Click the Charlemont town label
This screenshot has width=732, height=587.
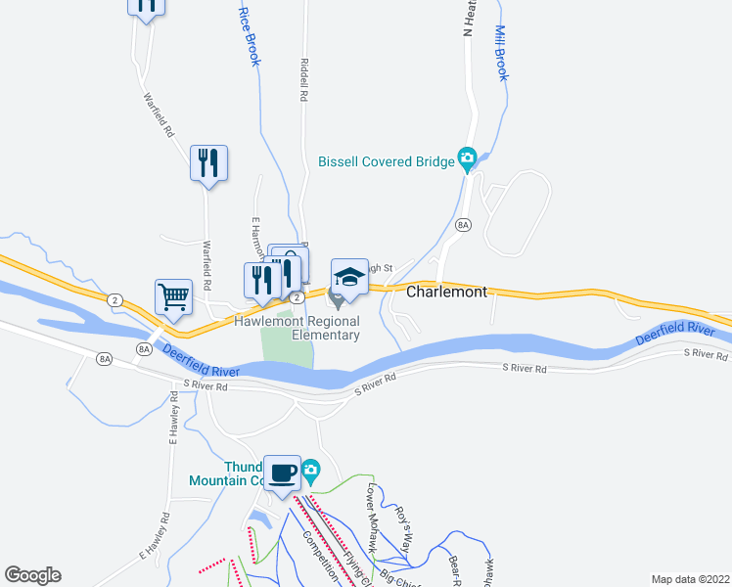[445, 292]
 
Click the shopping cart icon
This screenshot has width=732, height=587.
[173, 294]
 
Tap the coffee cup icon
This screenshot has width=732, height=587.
[283, 473]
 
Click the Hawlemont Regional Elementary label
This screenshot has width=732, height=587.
[297, 328]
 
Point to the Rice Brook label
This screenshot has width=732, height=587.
[250, 37]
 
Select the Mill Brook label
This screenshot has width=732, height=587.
[502, 53]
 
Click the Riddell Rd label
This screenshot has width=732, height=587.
[304, 78]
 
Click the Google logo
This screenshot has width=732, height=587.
[32, 575]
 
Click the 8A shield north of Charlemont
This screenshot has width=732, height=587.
[464, 225]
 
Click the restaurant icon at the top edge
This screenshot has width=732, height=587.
[146, 6]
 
